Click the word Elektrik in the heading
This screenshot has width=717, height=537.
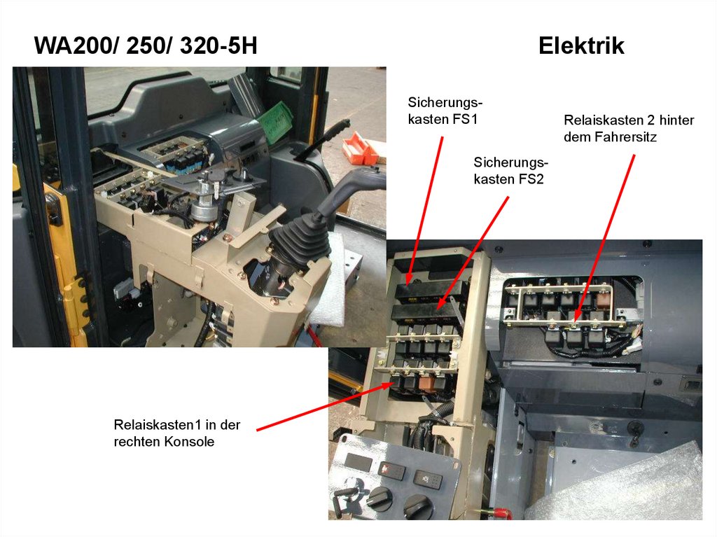coord(581,46)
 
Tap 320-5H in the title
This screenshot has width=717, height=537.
coord(218,46)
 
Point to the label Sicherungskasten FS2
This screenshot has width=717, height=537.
coord(510,171)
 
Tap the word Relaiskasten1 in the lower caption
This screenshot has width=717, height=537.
coord(158,425)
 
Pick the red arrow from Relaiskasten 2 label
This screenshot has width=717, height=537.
coord(604,238)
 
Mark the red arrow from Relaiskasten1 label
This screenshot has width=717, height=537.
coord(326,407)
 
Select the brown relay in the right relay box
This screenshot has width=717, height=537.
coord(604,300)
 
